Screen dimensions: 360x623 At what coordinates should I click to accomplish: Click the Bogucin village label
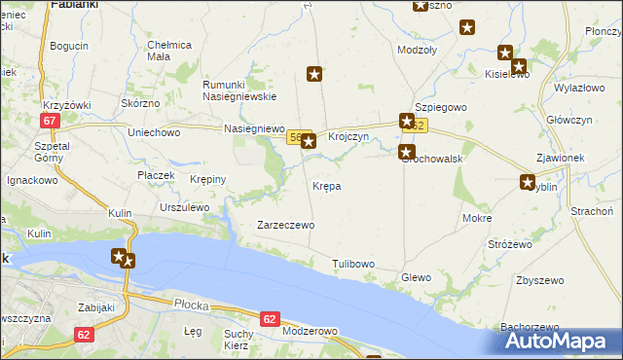click(x=69, y=46)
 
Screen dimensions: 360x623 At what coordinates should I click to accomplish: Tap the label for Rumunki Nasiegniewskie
click(x=239, y=90)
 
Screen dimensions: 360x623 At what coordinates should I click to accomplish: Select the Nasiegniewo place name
click(x=253, y=128)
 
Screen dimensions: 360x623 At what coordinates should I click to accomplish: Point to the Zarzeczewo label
click(x=285, y=225)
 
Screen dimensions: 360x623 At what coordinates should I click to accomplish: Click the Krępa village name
click(x=326, y=185)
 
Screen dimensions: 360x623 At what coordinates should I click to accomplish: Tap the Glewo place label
click(x=416, y=277)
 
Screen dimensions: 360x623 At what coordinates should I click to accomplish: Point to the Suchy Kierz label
click(x=238, y=340)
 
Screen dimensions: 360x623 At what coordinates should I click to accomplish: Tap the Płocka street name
click(x=193, y=305)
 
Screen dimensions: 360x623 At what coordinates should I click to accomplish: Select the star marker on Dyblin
click(x=528, y=181)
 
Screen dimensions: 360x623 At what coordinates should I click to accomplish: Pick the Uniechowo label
click(x=155, y=132)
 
